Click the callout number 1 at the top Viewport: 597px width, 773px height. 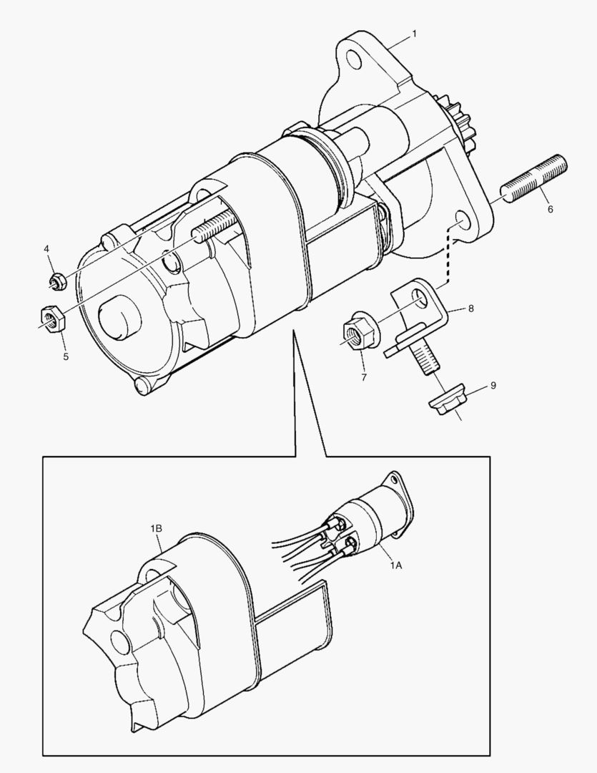pyautogui.click(x=414, y=34)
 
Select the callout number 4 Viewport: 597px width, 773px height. pyautogui.click(x=46, y=248)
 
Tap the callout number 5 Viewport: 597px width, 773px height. pyautogui.click(x=65, y=355)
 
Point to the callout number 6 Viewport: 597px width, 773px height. pyautogui.click(x=550, y=210)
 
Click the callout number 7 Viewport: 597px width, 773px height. pyautogui.click(x=362, y=376)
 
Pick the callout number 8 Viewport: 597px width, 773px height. pyautogui.click(x=471, y=308)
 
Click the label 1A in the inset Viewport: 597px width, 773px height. pyautogui.click(x=395, y=565)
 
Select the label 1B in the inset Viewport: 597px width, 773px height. pyautogui.click(x=156, y=528)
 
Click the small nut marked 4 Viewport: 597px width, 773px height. pyautogui.click(x=59, y=280)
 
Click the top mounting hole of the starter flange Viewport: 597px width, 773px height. pyautogui.click(x=354, y=58)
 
